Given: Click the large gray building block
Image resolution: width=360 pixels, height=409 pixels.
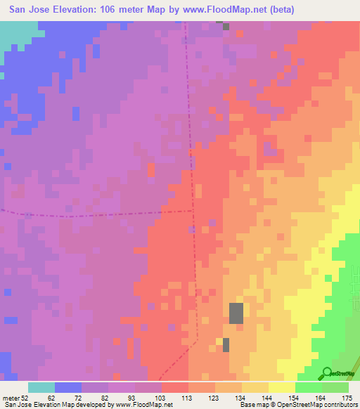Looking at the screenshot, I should [236, 313].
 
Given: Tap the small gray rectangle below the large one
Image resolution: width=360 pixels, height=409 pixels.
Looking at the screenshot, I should [226, 344].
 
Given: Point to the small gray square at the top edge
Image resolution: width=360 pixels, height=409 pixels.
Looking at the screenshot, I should [225, 26].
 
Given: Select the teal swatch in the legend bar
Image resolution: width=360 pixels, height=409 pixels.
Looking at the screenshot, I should [41, 387].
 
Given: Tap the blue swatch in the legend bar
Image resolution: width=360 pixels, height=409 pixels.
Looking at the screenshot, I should [68, 387].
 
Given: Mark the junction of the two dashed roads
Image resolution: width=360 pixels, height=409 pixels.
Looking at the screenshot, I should [194, 209].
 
